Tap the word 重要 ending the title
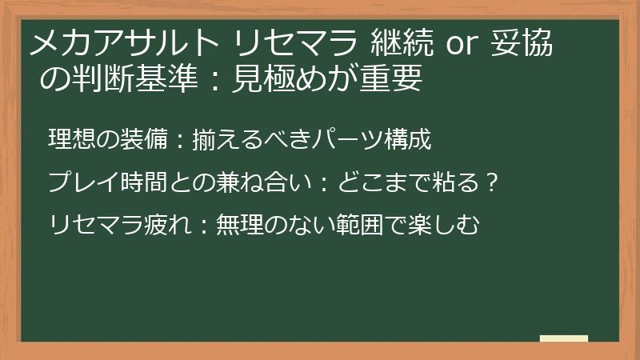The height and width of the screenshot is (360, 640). click(393, 80)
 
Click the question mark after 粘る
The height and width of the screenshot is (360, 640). click(494, 182)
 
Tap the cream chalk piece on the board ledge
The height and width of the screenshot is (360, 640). click(563, 338)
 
